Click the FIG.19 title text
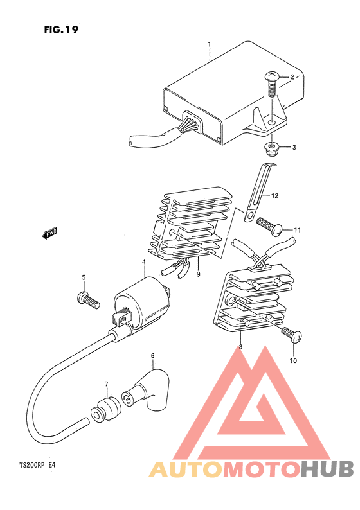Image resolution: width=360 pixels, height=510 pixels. click(61, 30)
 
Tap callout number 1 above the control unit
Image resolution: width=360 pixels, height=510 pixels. click(210, 45)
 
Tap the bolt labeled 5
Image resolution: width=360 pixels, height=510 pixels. click(86, 299)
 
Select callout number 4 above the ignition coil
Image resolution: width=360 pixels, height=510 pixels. click(144, 262)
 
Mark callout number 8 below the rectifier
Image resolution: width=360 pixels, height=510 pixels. click(240, 347)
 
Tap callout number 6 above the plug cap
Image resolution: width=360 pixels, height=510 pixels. click(152, 355)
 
